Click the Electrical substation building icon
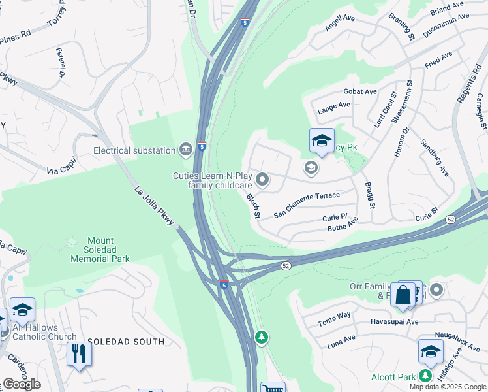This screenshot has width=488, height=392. coord(187,150)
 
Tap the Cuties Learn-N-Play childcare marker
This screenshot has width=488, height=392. coord(262,178)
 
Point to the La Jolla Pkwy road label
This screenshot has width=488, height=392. coord(155,207)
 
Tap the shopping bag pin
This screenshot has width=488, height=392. coord(403,295)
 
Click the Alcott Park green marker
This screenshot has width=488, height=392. coord(425,376)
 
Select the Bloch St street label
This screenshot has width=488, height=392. coord(253,205)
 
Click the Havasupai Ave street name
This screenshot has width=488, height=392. coord(394,322)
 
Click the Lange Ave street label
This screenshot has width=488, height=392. coord(333,108)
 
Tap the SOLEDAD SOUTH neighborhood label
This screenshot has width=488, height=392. coord(126,342)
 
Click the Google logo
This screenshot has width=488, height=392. coord(21,384)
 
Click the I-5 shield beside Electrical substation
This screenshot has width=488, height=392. coord(202,147)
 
